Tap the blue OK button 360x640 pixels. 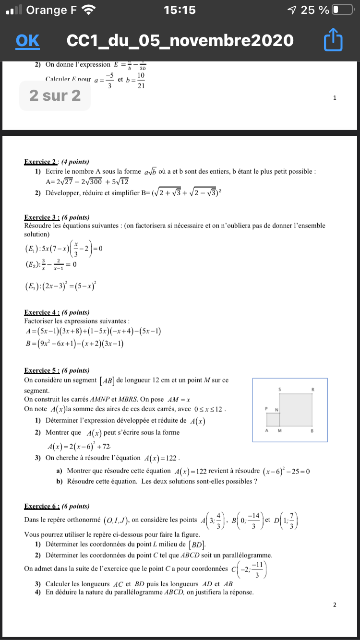pyautogui.click(x=27, y=41)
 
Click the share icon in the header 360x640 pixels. pyautogui.click(x=333, y=41)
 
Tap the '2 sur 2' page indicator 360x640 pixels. pyautogui.click(x=55, y=96)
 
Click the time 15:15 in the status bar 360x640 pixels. pyautogui.click(x=180, y=10)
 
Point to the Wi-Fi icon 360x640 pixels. pyautogui.click(x=88, y=10)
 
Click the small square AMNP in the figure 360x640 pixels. pyautogui.click(x=273, y=419)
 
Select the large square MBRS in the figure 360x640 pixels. pyautogui.click(x=296, y=410)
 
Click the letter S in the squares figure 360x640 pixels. pyautogui.click(x=280, y=389)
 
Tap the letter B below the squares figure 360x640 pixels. pyautogui.click(x=312, y=431)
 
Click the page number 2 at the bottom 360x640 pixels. pyautogui.click(x=335, y=604)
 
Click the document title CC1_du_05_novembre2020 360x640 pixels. pyautogui.click(x=180, y=41)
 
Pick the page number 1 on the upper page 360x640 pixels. pyautogui.click(x=335, y=98)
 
